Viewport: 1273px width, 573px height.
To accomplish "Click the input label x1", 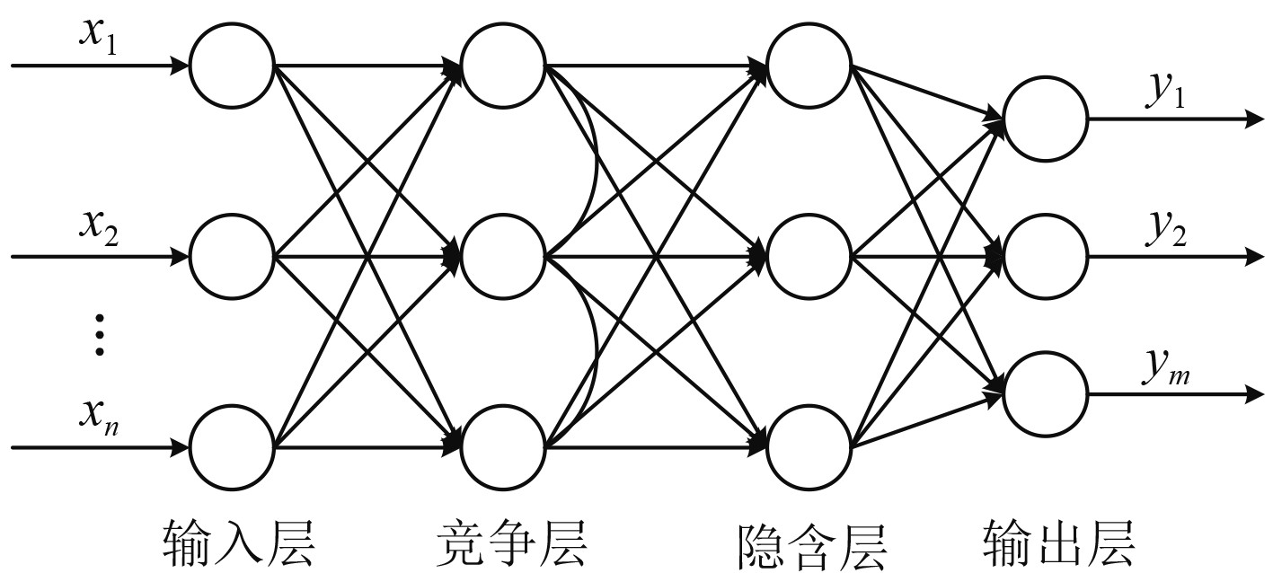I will coord(98,40).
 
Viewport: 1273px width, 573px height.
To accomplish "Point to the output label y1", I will coord(1164,95).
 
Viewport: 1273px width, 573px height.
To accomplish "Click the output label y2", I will coord(1164,231).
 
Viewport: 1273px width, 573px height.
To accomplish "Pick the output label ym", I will coord(1167,369).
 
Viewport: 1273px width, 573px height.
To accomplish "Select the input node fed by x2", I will coord(232,257).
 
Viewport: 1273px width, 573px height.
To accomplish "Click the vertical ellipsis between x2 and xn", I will coord(100,334).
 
